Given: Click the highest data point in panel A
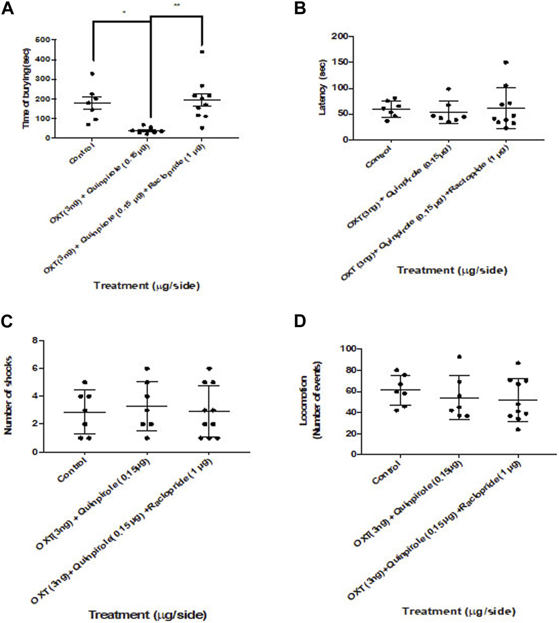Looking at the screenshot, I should click(x=202, y=52).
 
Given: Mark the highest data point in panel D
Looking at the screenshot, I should click(x=459, y=357).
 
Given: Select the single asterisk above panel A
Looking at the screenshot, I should click(x=124, y=12).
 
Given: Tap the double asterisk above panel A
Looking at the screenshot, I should click(x=177, y=5).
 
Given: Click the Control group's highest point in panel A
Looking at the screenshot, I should click(x=92, y=74).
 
